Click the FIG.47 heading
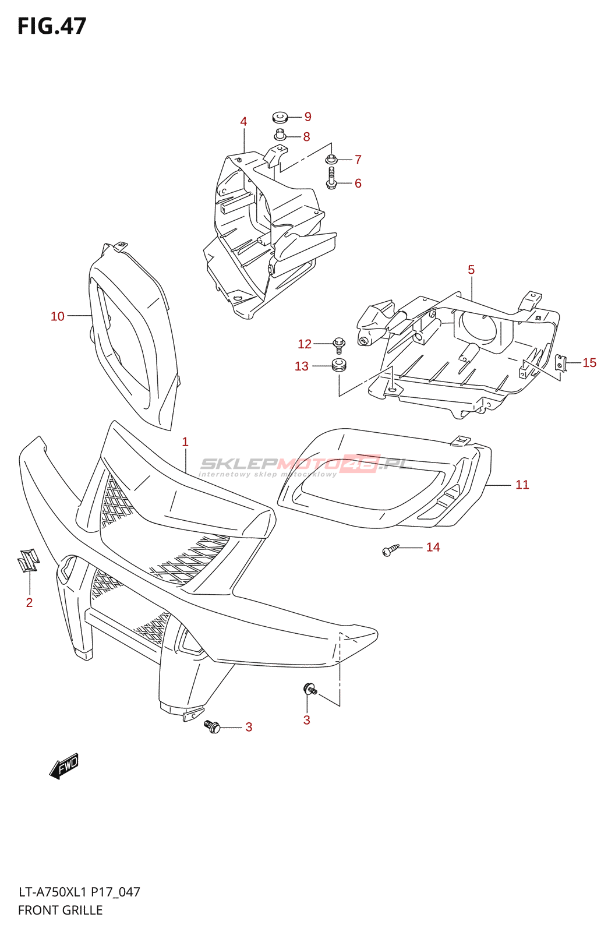click(52, 26)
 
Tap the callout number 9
click(307, 116)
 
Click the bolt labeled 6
click(331, 178)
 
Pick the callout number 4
click(243, 121)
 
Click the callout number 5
click(471, 270)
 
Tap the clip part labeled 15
click(561, 363)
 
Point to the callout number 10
click(57, 316)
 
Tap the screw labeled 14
click(390, 549)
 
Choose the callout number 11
click(522, 485)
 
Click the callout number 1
click(185, 442)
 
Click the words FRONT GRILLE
click(60, 910)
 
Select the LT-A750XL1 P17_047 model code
click(79, 892)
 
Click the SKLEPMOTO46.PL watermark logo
click(306, 465)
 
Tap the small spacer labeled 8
click(280, 135)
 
